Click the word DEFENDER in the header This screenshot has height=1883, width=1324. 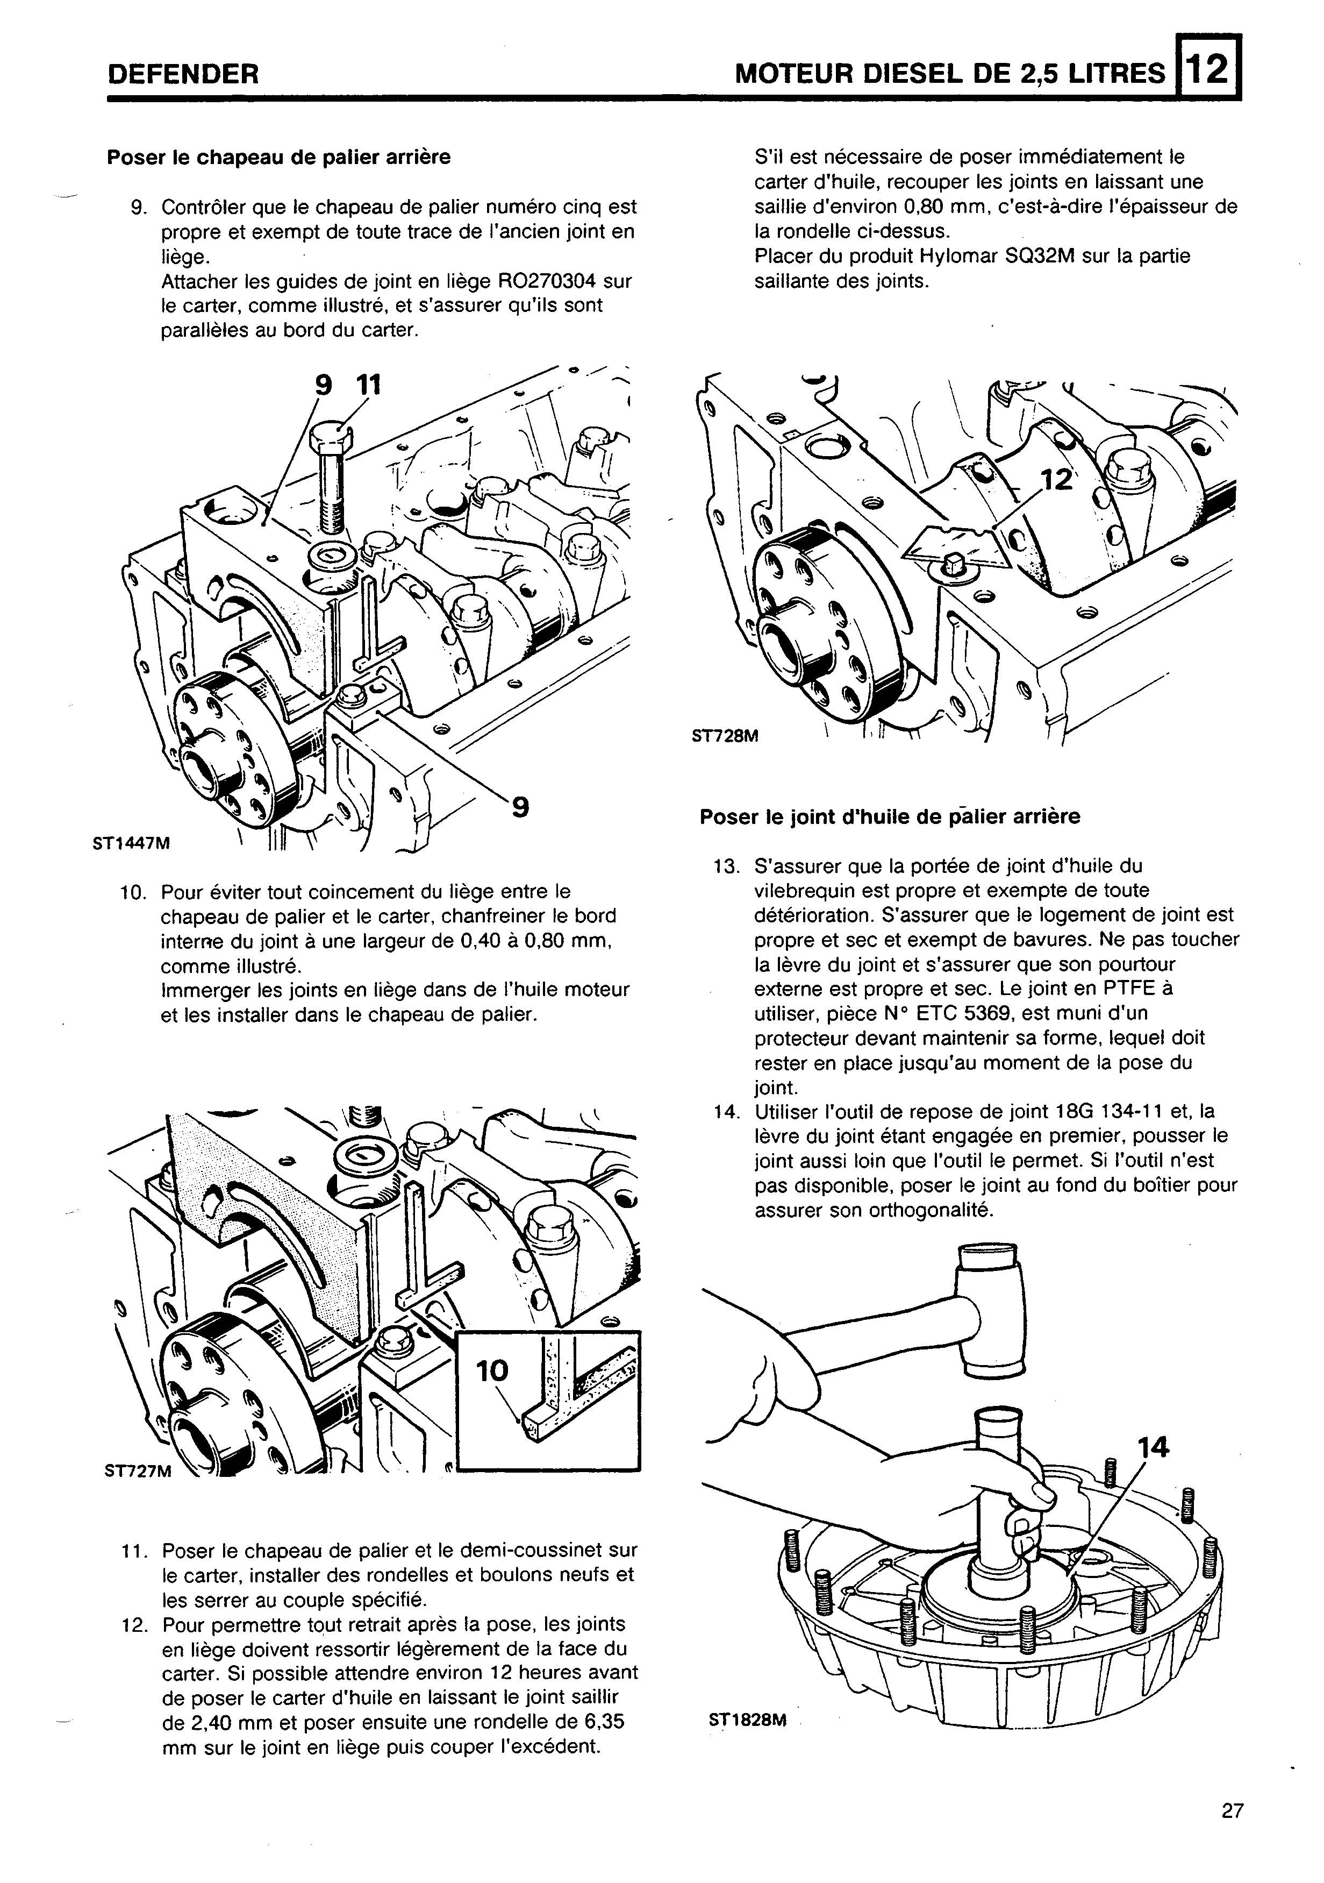pyautogui.click(x=183, y=75)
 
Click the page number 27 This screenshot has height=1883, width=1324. pyautogui.click(x=1232, y=1810)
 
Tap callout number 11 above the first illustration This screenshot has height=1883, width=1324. pyautogui.click(x=368, y=385)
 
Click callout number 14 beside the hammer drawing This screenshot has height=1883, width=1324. pyautogui.click(x=1152, y=1448)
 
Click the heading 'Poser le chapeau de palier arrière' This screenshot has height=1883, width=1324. pyautogui.click(x=279, y=157)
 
